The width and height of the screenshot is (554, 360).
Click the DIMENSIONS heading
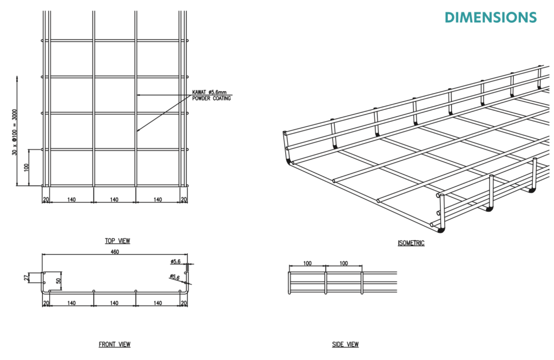click(x=491, y=17)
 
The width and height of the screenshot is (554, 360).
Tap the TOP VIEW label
click(x=117, y=241)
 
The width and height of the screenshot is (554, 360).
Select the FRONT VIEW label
click(x=115, y=344)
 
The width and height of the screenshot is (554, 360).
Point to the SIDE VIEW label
click(x=345, y=344)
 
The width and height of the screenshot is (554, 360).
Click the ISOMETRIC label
click(x=411, y=243)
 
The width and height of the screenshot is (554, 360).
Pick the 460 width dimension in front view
click(x=115, y=252)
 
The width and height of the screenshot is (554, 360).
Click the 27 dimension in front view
click(x=27, y=278)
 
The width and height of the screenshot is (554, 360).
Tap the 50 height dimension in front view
click(x=58, y=281)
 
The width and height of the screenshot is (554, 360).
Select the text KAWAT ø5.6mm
click(x=209, y=92)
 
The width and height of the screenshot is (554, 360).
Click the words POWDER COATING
click(x=212, y=99)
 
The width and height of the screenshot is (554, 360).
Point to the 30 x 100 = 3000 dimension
click(x=15, y=132)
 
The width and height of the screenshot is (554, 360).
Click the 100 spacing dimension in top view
click(x=27, y=167)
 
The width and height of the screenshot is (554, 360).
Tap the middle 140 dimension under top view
click(x=114, y=199)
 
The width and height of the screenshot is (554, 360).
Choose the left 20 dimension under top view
click(x=45, y=199)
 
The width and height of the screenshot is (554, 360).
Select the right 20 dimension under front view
click(x=184, y=303)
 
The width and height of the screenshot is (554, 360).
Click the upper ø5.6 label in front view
click(x=176, y=261)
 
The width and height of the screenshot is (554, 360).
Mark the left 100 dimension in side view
click(x=307, y=263)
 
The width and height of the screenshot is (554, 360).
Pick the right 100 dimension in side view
click(x=344, y=263)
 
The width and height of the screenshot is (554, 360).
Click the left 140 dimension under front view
click(x=71, y=303)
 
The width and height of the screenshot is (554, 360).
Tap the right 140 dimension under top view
click(x=157, y=199)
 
